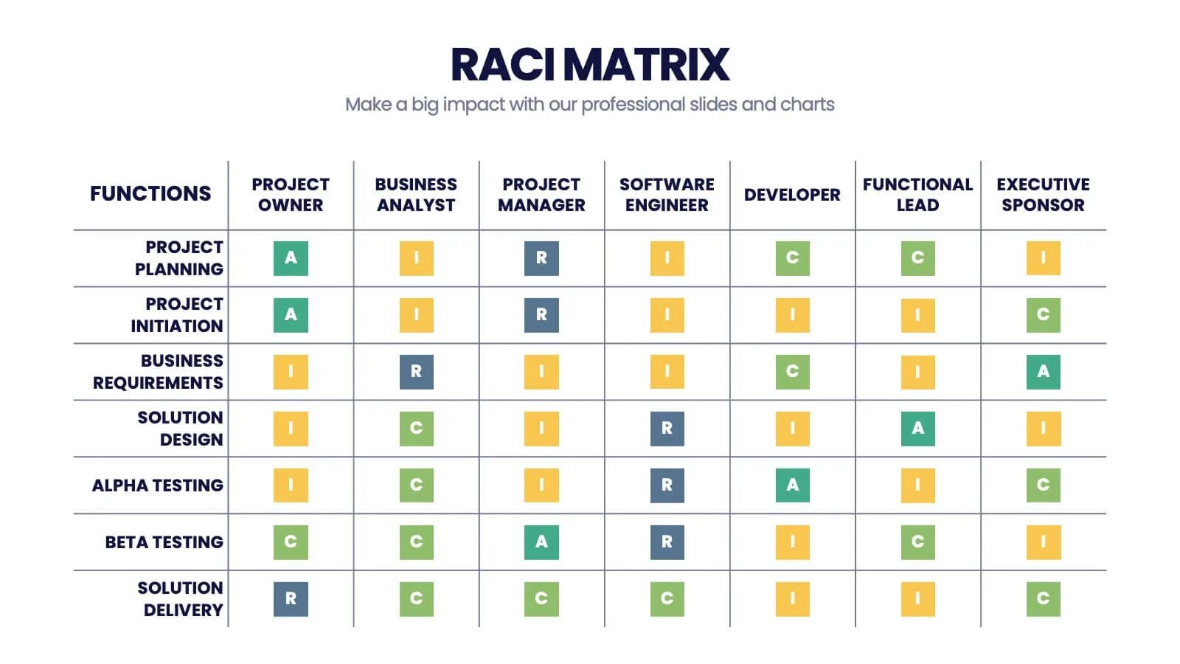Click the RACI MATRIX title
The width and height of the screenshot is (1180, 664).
click(590, 64)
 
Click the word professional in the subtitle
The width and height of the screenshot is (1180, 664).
click(633, 105)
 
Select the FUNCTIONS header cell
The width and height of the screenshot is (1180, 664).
click(150, 194)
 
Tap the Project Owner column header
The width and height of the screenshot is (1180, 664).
click(291, 195)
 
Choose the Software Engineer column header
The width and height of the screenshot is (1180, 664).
click(667, 195)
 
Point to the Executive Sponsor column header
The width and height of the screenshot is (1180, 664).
click(1043, 195)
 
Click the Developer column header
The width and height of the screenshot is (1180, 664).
click(792, 195)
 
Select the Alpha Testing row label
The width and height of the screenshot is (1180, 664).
click(158, 485)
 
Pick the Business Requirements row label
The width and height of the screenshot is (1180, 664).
click(158, 372)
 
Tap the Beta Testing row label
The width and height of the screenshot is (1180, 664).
click(164, 542)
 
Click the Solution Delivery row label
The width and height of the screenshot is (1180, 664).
click(180, 599)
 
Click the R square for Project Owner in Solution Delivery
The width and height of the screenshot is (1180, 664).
click(291, 599)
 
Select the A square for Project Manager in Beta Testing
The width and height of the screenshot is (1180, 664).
click(541, 542)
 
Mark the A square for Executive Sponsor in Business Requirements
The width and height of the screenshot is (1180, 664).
click(1043, 372)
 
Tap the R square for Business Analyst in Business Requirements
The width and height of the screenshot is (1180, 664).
click(416, 372)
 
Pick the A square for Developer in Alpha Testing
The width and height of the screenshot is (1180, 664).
click(792, 485)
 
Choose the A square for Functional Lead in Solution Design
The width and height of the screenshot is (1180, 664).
click(917, 429)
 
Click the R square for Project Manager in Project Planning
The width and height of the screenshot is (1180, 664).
click(541, 258)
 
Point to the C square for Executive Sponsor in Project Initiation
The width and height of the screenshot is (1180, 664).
click(1043, 315)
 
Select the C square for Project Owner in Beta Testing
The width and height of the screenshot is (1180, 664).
click(291, 542)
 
